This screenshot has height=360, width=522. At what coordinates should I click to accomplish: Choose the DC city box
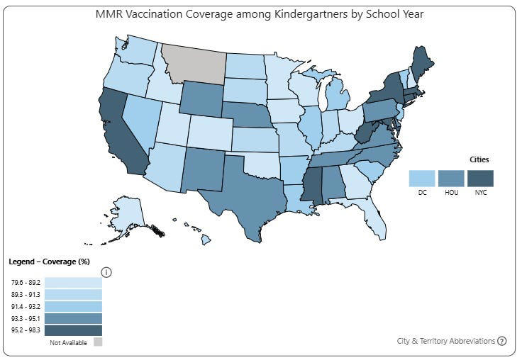click(x=422, y=178)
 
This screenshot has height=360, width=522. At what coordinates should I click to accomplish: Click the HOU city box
click(x=450, y=178)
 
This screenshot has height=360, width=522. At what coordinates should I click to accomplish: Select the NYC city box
click(x=479, y=178)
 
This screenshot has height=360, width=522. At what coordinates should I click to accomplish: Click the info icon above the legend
click(x=106, y=272)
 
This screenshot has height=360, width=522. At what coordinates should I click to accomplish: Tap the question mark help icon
click(x=502, y=341)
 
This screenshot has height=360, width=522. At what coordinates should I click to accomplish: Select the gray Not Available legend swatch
click(x=98, y=342)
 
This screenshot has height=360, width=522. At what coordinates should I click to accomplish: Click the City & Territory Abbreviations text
click(x=445, y=341)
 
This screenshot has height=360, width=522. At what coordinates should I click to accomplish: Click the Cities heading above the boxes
click(x=479, y=159)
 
